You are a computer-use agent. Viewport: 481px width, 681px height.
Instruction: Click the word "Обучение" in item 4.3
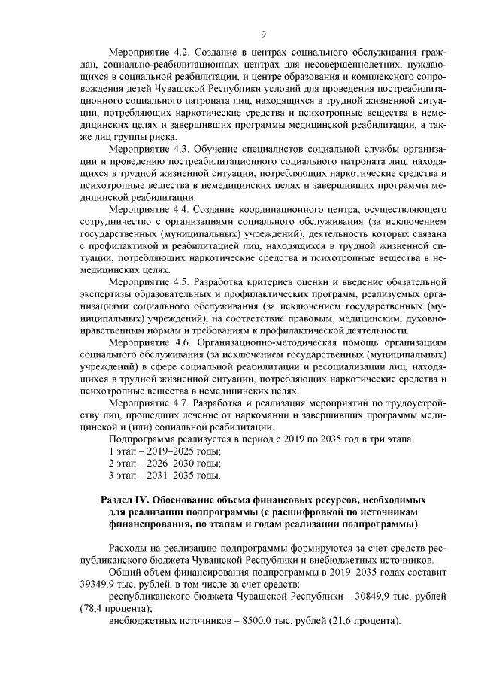click(x=222, y=148)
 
